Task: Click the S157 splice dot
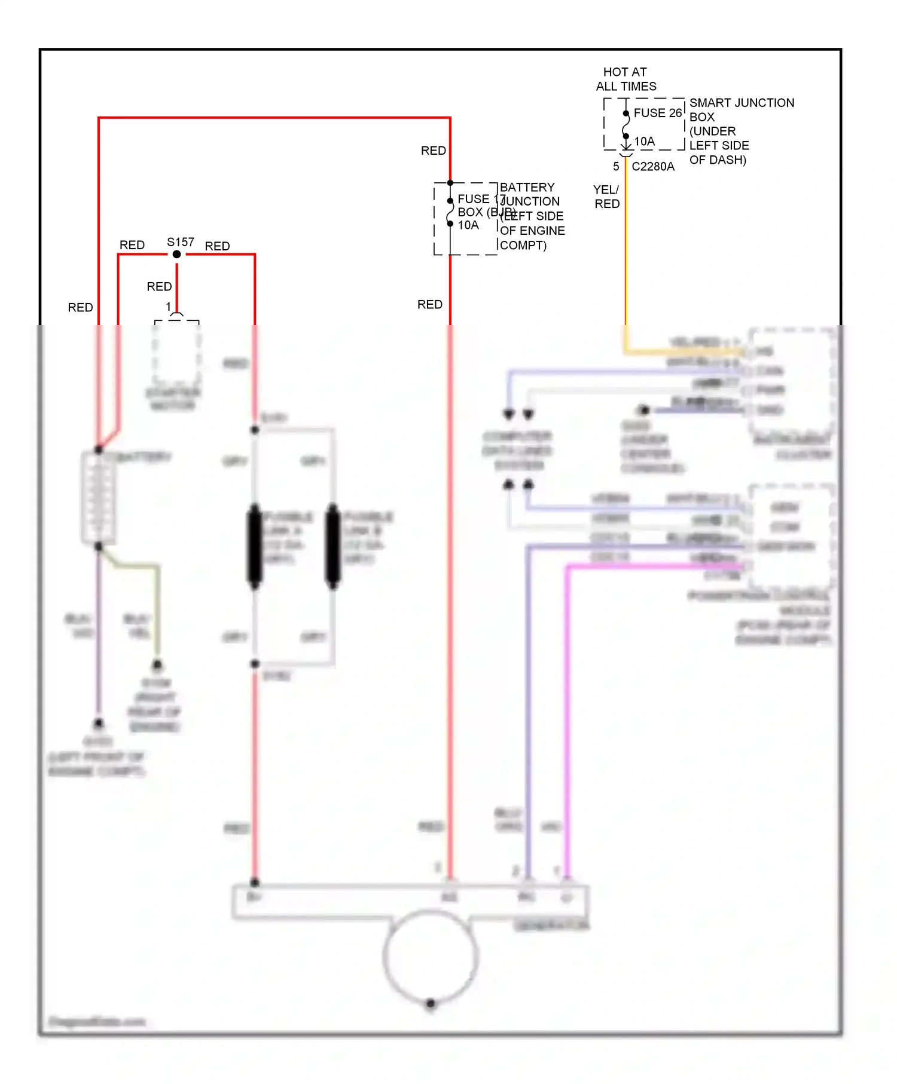click(x=176, y=255)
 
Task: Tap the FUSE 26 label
click(x=657, y=113)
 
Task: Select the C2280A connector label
click(x=652, y=167)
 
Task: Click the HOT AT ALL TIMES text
click(x=626, y=79)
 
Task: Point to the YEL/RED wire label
click(x=606, y=197)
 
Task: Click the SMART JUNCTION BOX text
click(x=742, y=109)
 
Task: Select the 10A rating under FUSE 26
click(x=644, y=142)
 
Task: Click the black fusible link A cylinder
click(x=255, y=546)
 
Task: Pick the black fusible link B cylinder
click(x=332, y=546)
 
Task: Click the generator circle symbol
click(x=431, y=956)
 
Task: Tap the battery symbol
click(x=98, y=498)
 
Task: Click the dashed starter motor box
click(x=176, y=353)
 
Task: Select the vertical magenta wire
click(x=568, y=717)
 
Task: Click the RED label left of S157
click(x=132, y=245)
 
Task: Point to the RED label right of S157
click(x=217, y=246)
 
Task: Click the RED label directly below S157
click(x=159, y=287)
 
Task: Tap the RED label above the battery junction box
click(x=433, y=151)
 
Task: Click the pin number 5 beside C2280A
click(x=616, y=167)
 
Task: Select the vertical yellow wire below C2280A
click(x=626, y=251)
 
